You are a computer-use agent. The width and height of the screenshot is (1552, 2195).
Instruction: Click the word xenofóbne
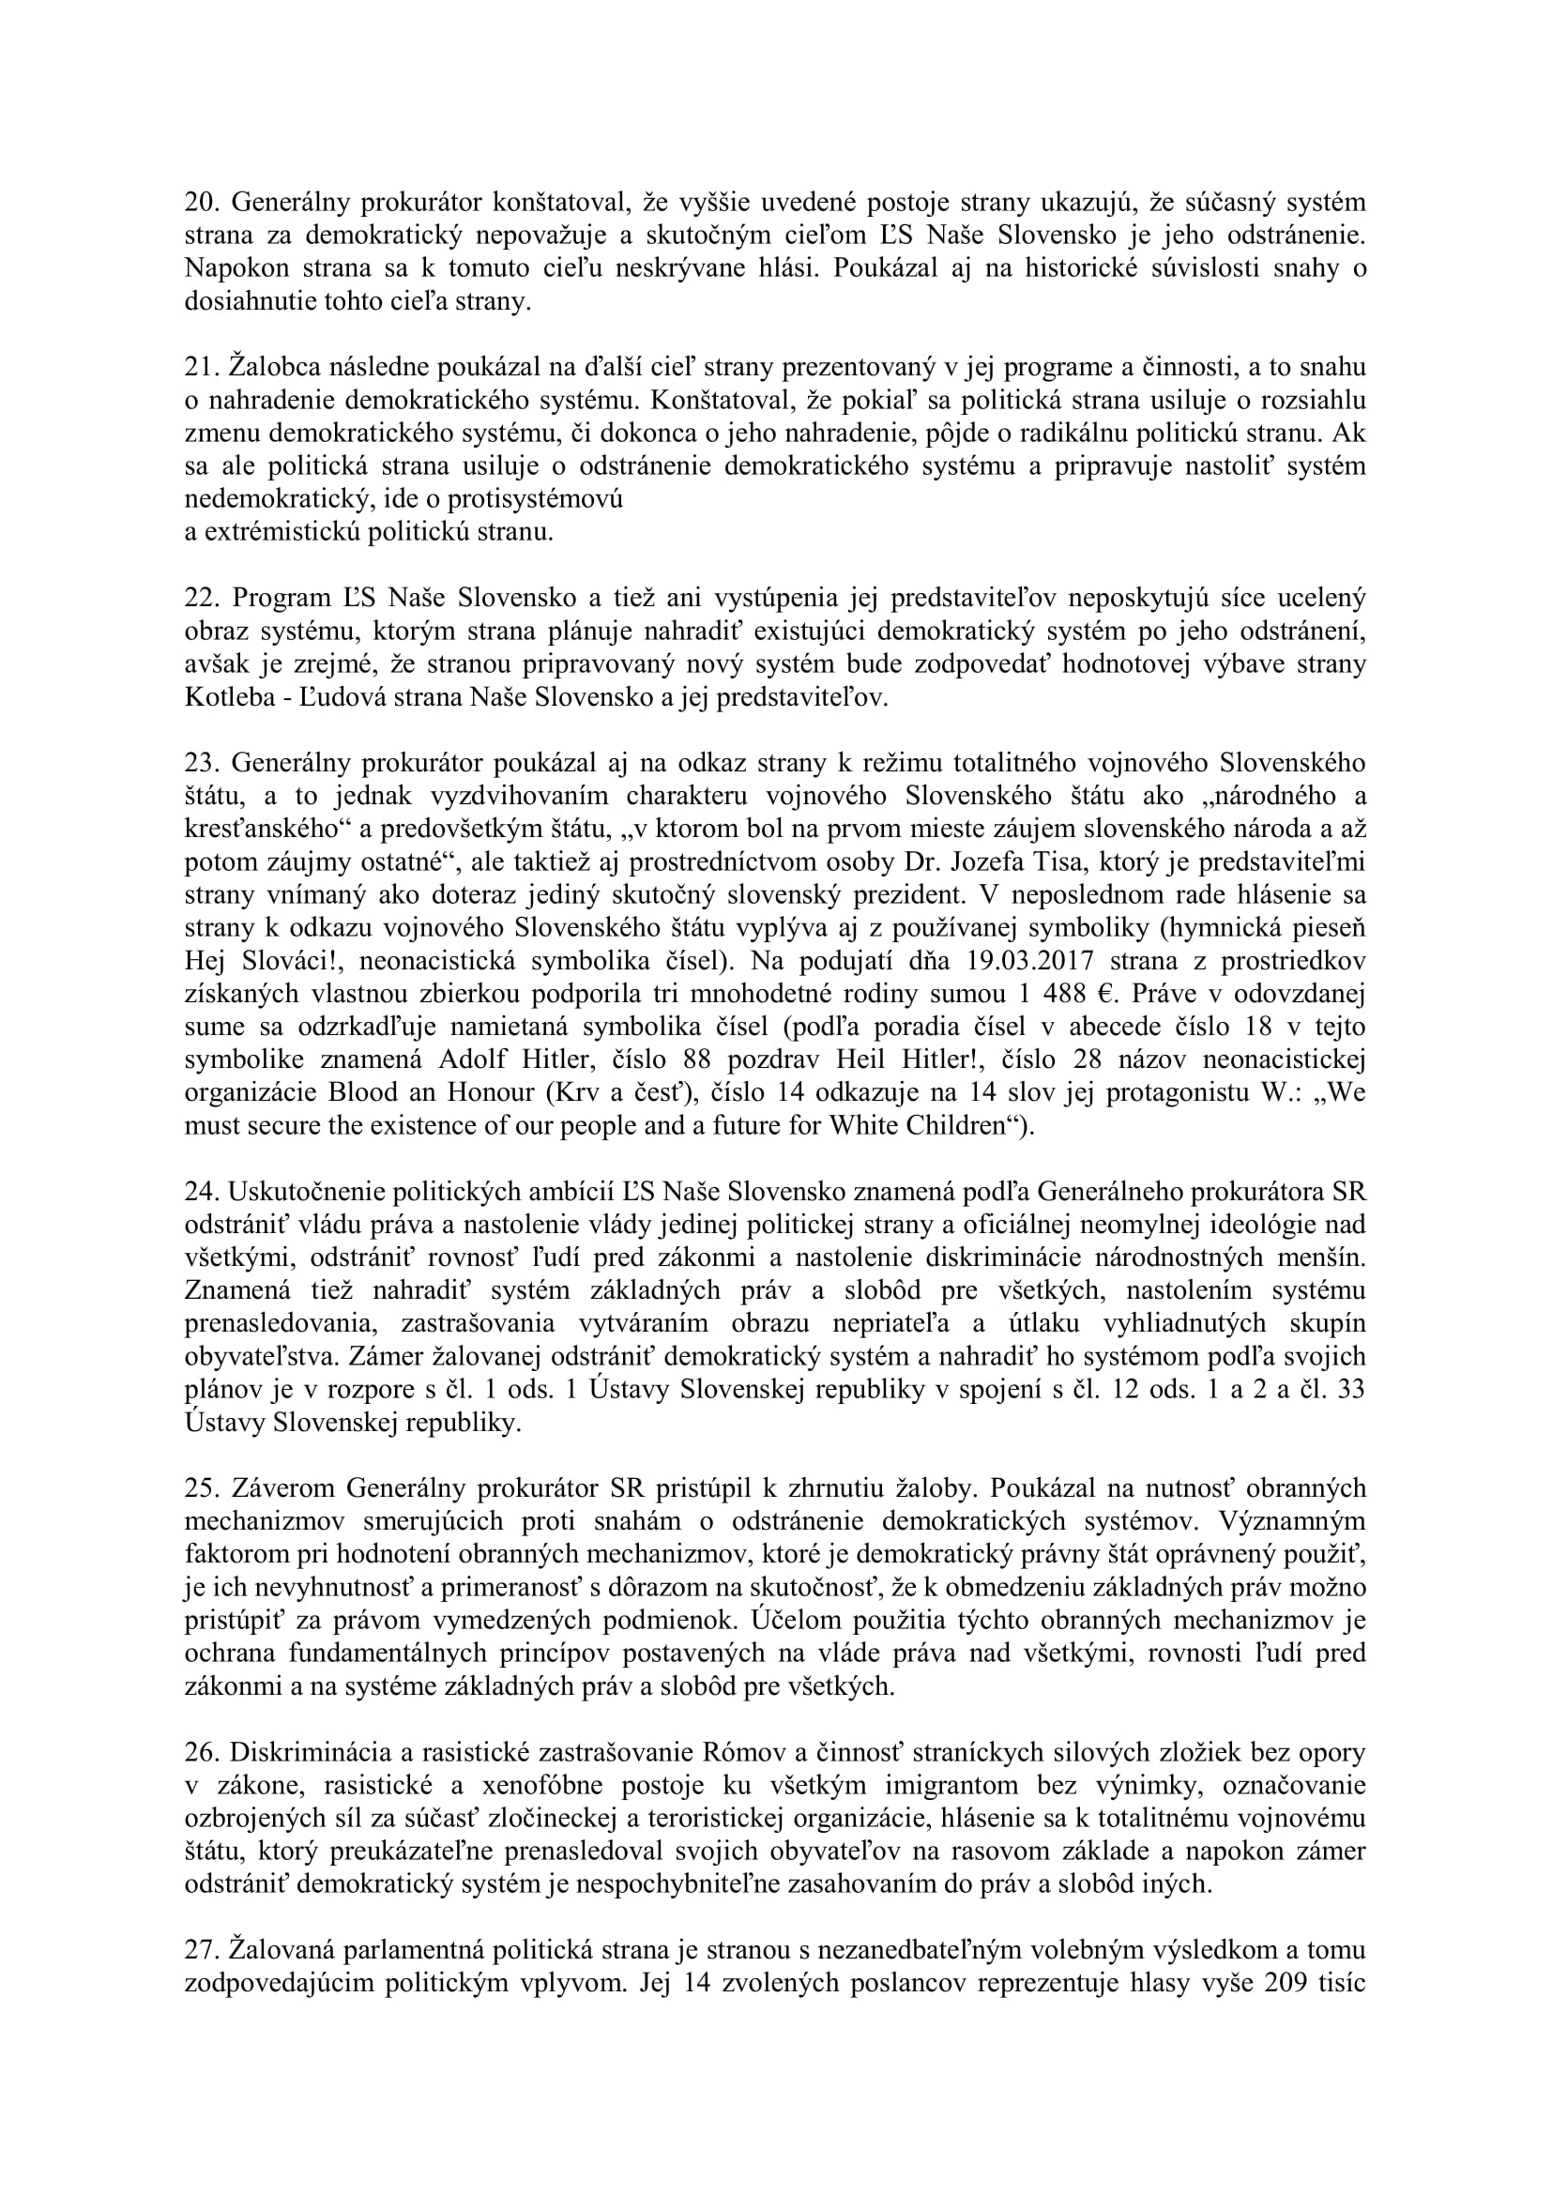click(x=560, y=1785)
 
